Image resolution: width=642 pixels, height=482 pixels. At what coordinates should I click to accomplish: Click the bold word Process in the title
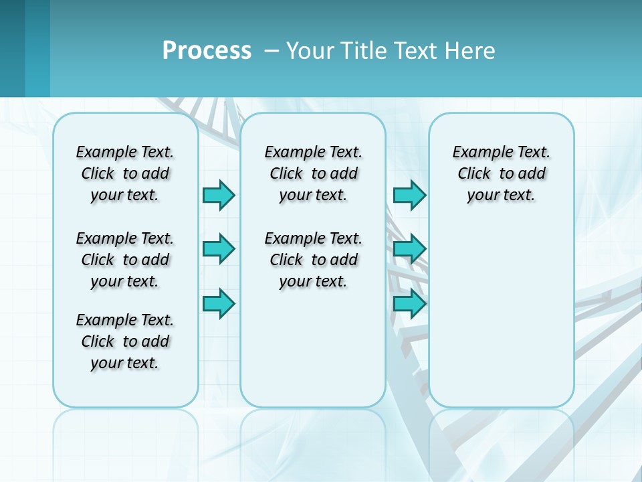click(x=207, y=51)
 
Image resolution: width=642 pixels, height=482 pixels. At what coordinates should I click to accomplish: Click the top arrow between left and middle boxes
click(x=219, y=195)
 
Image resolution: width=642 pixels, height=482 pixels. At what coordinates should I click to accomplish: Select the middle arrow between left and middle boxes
click(x=219, y=249)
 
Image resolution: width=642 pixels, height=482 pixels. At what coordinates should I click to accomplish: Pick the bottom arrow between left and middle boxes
click(x=219, y=303)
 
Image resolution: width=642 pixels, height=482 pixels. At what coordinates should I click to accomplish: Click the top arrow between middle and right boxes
click(x=409, y=195)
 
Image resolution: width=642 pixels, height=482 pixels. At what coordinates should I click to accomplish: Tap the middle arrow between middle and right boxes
click(x=409, y=249)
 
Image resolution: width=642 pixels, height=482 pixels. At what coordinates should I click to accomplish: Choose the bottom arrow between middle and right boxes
click(x=409, y=303)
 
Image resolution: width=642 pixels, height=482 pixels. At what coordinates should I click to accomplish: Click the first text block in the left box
click(x=125, y=173)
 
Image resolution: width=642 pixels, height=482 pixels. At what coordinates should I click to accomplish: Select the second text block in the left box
click(x=125, y=260)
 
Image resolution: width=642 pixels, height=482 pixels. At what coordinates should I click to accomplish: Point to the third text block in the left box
click(x=125, y=341)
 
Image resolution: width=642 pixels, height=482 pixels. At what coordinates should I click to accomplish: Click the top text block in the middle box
click(x=313, y=173)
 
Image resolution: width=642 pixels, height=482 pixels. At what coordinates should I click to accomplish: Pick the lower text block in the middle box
click(x=313, y=260)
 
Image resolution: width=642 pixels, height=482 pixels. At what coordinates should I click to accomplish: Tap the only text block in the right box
click(x=501, y=173)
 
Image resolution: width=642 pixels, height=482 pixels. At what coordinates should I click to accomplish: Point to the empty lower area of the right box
click(x=501, y=315)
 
